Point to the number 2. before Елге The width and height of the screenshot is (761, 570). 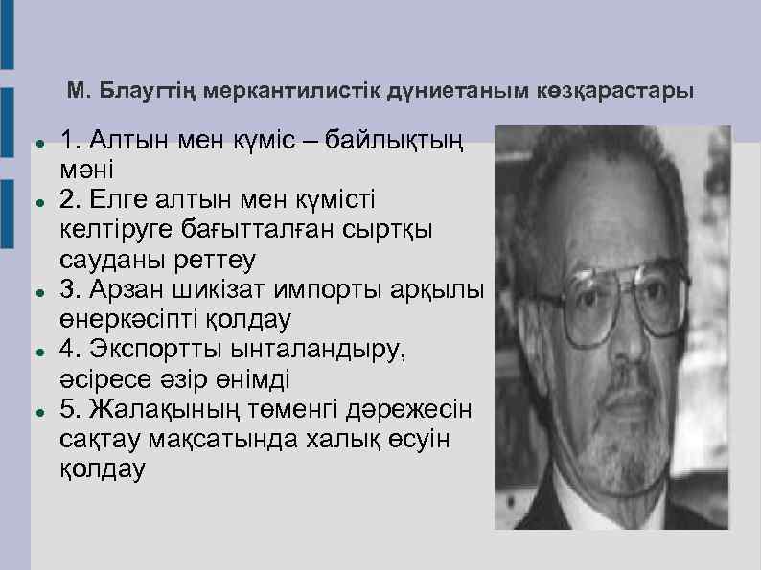tap(70, 200)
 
